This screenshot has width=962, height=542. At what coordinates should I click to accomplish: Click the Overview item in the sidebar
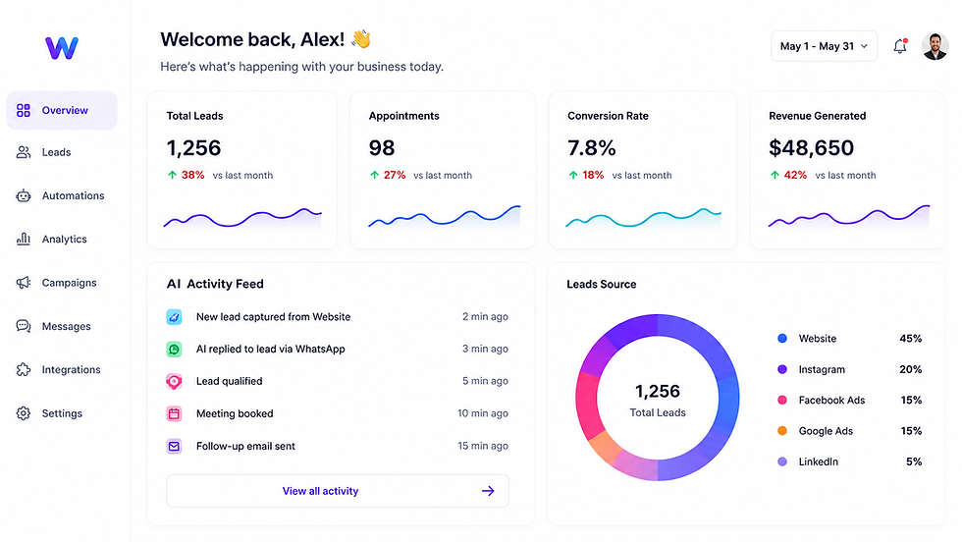(x=61, y=111)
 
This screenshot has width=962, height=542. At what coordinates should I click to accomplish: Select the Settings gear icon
(x=24, y=413)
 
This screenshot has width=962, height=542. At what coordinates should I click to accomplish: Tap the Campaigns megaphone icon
(x=24, y=283)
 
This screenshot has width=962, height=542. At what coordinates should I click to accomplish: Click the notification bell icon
(x=900, y=46)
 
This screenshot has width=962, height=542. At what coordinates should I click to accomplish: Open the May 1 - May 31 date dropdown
(x=824, y=46)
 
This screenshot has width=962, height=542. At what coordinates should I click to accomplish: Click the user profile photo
(x=935, y=46)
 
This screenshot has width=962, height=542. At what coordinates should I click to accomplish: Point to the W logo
(x=62, y=48)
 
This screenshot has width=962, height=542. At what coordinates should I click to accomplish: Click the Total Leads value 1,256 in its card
(x=194, y=148)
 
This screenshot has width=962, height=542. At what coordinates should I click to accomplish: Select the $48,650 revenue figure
(x=811, y=148)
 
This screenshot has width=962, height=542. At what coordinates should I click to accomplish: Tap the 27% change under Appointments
(x=395, y=175)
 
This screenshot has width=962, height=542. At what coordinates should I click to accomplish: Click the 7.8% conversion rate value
(x=591, y=148)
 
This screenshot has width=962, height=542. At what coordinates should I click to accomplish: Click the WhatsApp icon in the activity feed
(x=175, y=350)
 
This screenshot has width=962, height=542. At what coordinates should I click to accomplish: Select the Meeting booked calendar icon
(x=175, y=413)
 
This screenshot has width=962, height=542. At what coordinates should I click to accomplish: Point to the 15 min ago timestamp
(x=483, y=446)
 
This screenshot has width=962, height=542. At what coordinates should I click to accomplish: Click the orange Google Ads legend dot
(x=782, y=431)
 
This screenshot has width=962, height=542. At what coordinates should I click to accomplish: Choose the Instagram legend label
(x=822, y=369)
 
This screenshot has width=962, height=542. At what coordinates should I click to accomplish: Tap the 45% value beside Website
(x=911, y=338)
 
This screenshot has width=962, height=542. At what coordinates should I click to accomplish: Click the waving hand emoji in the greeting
(x=361, y=39)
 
